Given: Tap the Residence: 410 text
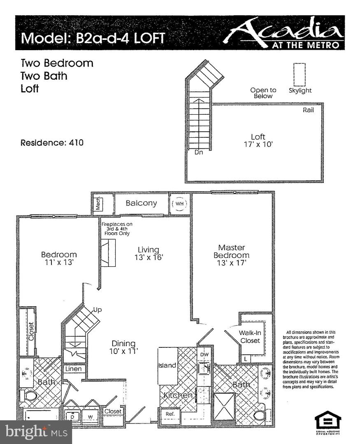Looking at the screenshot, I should tap(52, 143).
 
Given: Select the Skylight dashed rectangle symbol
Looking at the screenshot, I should tap(299, 74).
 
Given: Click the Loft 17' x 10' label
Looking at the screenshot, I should tap(258, 140).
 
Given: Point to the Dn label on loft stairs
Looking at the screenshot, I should tap(199, 153).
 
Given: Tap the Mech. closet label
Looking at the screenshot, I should tap(98, 203).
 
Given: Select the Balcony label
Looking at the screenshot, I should tap(142, 203).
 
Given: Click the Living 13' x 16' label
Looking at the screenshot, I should tap(149, 254).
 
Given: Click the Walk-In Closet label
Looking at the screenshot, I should tap(249, 337).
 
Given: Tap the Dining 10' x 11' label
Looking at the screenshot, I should tap(123, 347).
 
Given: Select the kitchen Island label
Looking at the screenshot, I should tap(167, 365).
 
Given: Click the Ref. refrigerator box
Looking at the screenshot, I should tap(170, 414).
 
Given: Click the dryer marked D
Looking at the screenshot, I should tap(73, 416).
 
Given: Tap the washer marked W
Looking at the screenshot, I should tap(90, 416).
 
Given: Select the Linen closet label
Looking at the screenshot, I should tap(74, 369).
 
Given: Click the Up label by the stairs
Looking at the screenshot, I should tap(98, 310).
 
